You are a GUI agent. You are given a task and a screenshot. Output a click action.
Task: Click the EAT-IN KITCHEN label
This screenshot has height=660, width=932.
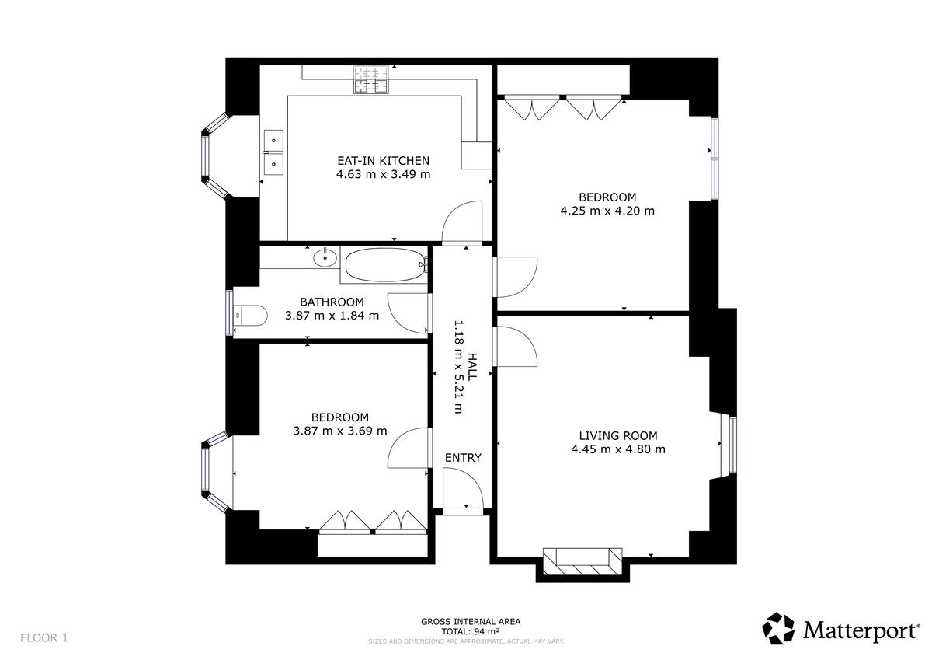point(383,161)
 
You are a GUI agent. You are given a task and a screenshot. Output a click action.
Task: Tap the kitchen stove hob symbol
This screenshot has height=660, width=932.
point(371,79)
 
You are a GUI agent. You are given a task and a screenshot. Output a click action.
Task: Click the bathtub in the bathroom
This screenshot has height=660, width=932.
point(385,265)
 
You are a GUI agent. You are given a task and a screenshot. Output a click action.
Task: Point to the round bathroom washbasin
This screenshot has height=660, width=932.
point(325,258)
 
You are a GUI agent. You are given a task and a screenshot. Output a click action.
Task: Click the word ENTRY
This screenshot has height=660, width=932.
point(463,458)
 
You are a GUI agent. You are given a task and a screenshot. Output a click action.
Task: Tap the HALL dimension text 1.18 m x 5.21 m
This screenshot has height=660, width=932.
point(458,367)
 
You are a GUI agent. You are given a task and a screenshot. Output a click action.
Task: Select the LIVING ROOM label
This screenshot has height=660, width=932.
point(618,436)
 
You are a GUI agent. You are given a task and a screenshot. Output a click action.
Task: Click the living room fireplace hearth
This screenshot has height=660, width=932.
point(582,561)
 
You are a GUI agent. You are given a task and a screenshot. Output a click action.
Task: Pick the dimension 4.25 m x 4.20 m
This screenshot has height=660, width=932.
point(607,211)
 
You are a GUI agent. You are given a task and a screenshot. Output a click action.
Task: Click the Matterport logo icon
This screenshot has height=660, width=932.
point(778,628)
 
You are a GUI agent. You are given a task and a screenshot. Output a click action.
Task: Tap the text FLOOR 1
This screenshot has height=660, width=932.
point(44,638)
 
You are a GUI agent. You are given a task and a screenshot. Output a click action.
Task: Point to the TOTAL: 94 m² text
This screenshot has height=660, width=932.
point(471,631)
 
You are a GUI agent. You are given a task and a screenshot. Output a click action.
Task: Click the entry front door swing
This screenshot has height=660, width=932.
point(463,488)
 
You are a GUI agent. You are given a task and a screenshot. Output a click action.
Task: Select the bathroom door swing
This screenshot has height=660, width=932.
point(409,313)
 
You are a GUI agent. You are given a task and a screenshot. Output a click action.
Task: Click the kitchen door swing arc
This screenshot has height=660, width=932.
point(462,221)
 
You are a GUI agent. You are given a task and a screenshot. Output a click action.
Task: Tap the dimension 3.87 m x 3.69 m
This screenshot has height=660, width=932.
point(340,431)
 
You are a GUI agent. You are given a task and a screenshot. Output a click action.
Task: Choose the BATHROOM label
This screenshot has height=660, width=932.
point(332,302)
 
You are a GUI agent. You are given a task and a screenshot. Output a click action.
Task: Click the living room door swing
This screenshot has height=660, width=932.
point(515,347)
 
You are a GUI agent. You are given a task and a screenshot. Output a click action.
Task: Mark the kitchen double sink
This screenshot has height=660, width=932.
point(273,152)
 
